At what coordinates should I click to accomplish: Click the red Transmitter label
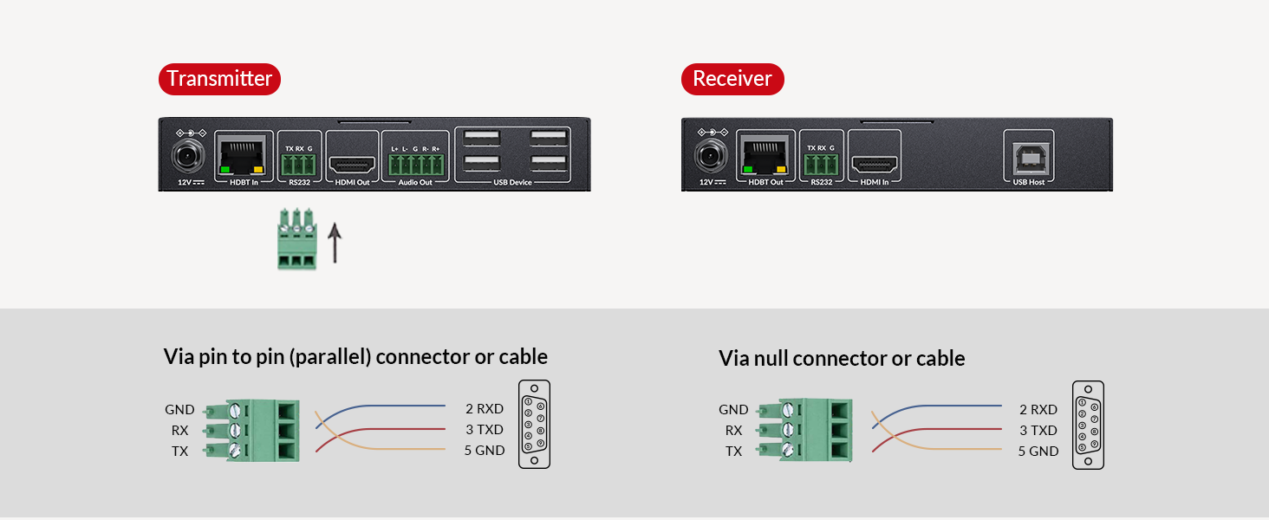click(x=219, y=79)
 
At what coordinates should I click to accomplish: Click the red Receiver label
click(x=732, y=79)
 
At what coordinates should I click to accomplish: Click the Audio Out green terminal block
click(x=415, y=164)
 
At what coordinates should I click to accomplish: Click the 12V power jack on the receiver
click(x=709, y=158)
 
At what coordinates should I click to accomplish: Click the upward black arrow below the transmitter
click(x=335, y=242)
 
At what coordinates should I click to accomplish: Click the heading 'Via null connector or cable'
click(x=842, y=358)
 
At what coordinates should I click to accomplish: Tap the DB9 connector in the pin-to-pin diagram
click(x=534, y=425)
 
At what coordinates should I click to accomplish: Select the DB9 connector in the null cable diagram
click(x=1088, y=426)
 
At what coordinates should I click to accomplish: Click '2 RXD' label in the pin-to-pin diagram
click(x=484, y=409)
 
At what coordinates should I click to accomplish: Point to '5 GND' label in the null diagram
click(x=1038, y=451)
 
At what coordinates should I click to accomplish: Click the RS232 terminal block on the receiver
click(x=820, y=164)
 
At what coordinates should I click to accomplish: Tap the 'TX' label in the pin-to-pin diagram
click(x=179, y=451)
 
